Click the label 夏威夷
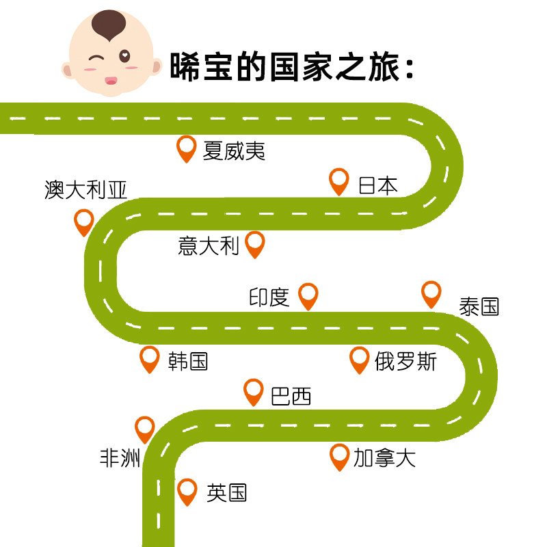pos(234,150)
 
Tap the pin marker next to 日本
pos(339,180)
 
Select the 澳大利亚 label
pos(85,189)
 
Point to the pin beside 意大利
pos(254,243)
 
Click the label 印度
pos(269,297)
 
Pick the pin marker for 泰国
pos(431,293)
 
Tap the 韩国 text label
pos(188,360)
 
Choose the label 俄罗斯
pos(405,360)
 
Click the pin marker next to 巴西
pos(254,391)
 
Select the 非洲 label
pos(120,457)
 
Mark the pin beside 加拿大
pos(339,455)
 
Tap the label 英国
pos(226,492)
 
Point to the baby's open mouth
pos(110,81)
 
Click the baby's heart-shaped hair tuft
pos(110,26)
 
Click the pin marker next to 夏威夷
pos(186,147)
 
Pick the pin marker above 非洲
pos(145,428)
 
